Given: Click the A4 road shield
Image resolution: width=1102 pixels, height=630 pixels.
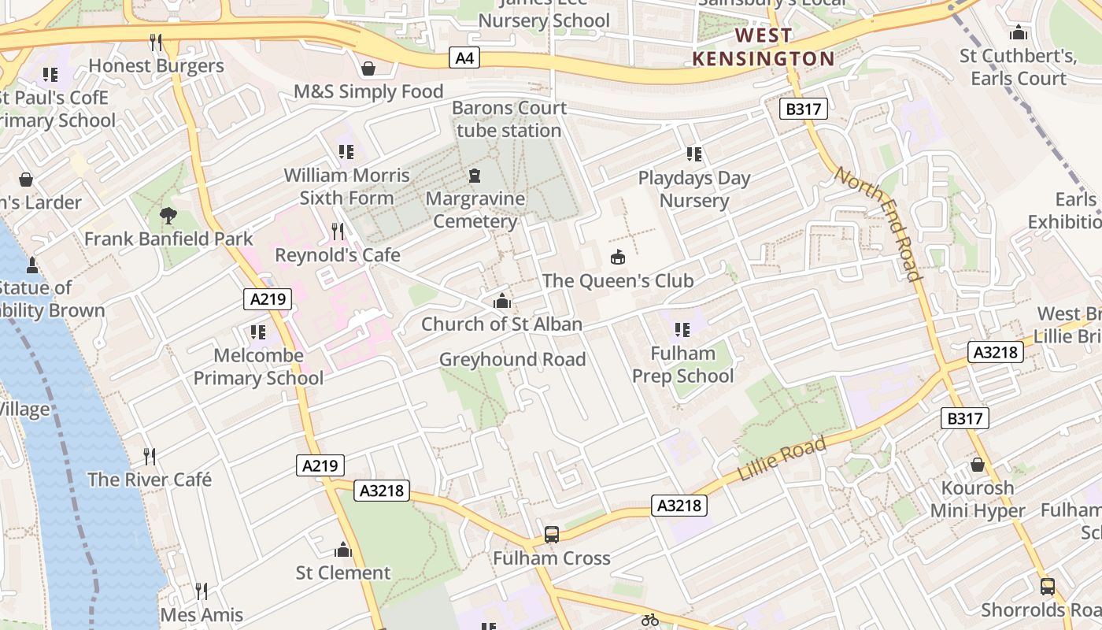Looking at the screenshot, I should point(465,57).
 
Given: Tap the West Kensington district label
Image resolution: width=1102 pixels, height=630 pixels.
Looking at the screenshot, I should point(763,47).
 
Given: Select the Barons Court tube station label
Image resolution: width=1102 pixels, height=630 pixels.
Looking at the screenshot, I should point(509,119).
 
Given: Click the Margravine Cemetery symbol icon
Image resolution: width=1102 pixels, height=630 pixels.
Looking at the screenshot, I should point(475,176).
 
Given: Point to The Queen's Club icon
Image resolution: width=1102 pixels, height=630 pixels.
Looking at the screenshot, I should point(618,258).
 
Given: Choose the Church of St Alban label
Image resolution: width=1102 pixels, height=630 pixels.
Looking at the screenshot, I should point(501,324).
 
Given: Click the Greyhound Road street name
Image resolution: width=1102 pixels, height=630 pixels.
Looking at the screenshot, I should point(512,360).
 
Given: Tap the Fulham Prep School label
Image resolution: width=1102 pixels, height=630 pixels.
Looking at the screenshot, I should point(682,365).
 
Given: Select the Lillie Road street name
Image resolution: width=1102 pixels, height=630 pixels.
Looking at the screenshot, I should point(782,459).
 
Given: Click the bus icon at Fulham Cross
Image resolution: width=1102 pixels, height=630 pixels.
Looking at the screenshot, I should point(552,535).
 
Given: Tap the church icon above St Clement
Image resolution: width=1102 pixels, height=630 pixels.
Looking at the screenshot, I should point(343,549).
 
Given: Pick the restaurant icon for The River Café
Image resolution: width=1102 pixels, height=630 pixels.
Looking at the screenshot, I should point(150,456).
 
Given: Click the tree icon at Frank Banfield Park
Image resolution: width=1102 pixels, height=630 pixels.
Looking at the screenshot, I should point(168,215).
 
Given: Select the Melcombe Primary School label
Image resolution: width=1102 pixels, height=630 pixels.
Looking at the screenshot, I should point(258,367).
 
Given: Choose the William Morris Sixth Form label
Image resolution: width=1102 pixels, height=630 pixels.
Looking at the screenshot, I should point(346,186).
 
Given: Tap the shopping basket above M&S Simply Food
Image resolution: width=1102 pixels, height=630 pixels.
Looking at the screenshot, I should point(368,69).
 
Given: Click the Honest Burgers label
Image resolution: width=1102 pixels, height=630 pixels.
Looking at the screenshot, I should point(156,66).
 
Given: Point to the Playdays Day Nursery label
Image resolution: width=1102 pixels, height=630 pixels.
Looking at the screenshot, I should point(694,189).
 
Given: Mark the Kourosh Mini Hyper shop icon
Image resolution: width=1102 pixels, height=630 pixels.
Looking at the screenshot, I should point(978,465).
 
